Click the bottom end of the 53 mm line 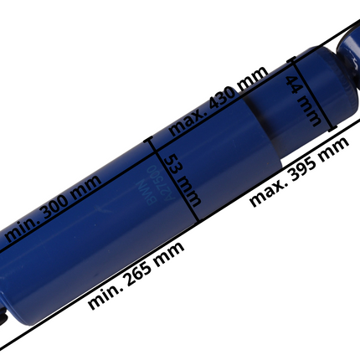pos(196,219)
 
